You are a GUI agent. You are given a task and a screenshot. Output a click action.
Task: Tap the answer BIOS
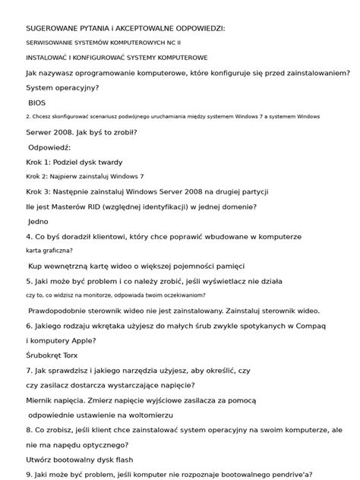(37, 102)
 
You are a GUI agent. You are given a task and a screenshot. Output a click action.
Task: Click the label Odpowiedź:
(49, 147)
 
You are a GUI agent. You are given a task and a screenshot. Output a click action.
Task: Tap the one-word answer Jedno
(38, 221)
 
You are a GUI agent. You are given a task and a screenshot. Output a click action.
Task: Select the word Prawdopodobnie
(64, 310)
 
